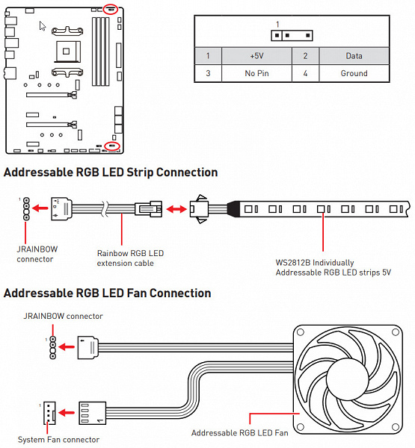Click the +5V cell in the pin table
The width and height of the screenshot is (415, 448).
pos(256,56)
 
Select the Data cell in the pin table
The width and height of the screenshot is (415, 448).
pos(354,56)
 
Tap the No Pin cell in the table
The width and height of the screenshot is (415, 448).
pos(256,73)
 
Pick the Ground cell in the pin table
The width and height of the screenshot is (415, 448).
pos(354,73)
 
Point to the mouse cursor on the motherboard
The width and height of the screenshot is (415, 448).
pos(43,26)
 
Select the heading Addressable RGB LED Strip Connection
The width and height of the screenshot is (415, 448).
pos(111,172)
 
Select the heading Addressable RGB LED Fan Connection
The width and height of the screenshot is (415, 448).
pos(108,293)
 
